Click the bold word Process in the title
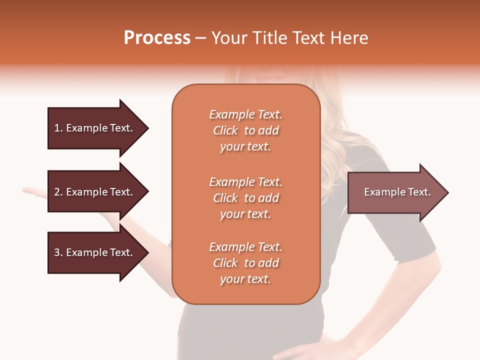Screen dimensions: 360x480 pos(157,38)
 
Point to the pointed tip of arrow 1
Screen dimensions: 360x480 pos(147,128)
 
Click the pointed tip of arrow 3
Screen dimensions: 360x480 pos(147,252)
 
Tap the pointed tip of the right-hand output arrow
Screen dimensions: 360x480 pos(447,192)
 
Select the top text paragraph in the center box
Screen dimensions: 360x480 pos(245,130)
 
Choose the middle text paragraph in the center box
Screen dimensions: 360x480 pos(245,198)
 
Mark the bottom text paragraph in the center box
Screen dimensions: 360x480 pos(245,263)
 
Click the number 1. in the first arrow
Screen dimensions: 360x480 pos(58,128)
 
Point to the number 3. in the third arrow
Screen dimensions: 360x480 pos(58,252)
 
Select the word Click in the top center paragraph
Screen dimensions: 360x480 pos(225,130)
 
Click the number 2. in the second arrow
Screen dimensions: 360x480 pos(58,192)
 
